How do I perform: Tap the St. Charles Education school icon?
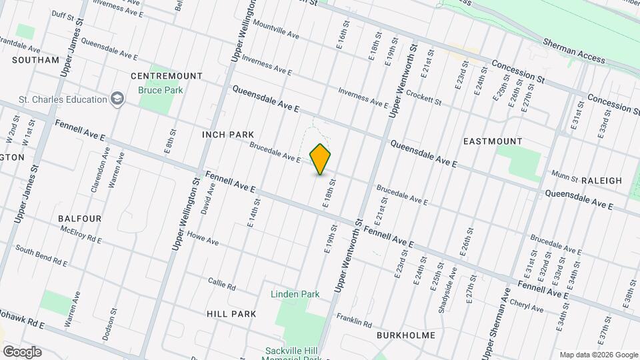(x=118, y=99)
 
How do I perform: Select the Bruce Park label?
(x=160, y=89)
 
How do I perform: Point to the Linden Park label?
(x=295, y=294)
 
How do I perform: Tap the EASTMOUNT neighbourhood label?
(x=493, y=141)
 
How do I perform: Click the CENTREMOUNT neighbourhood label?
(x=157, y=76)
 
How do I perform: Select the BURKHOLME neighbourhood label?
(x=405, y=335)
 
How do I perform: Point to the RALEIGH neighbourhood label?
(x=601, y=181)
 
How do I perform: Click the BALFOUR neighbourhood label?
(x=79, y=219)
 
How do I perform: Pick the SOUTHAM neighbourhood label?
(x=35, y=60)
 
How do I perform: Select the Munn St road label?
(x=564, y=176)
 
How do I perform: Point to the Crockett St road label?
(x=424, y=99)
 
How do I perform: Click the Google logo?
(x=22, y=351)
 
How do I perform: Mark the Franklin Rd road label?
(x=353, y=321)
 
